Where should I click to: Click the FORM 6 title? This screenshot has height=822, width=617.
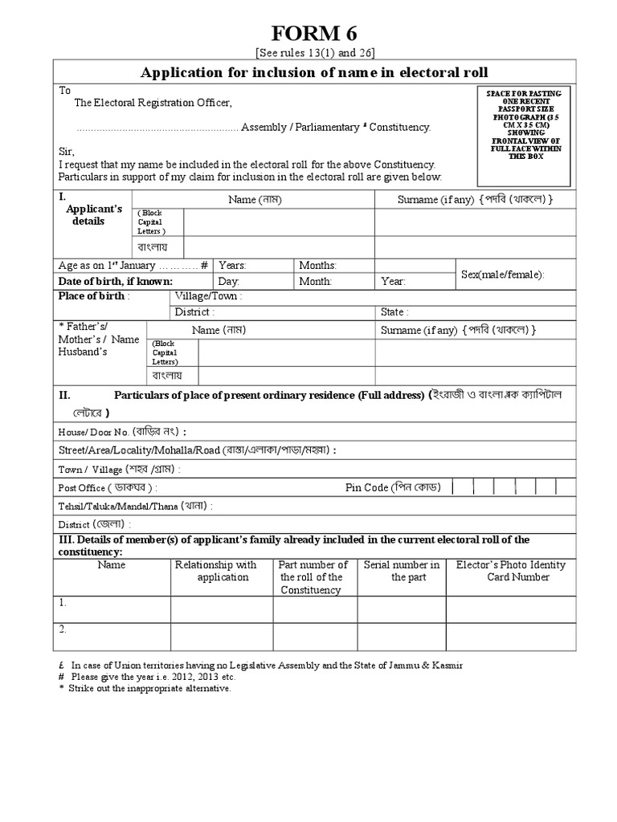[x=314, y=34]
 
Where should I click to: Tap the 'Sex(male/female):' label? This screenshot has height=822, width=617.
[x=502, y=275]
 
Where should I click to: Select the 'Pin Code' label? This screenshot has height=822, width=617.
[x=390, y=487]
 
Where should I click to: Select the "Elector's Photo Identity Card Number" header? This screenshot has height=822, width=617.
[x=510, y=571]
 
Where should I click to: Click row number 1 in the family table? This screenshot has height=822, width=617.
[x=63, y=602]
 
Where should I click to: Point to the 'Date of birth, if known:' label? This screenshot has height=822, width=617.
[x=115, y=282]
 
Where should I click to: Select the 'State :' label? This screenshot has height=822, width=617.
[x=394, y=312]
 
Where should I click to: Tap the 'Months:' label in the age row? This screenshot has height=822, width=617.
[x=318, y=266]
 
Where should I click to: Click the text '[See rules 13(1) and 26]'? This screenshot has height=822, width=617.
[x=315, y=53]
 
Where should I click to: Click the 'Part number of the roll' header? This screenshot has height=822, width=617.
[x=314, y=577]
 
